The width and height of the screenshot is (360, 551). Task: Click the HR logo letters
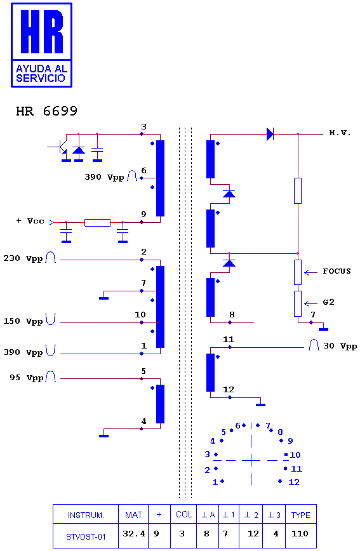coord(42,32)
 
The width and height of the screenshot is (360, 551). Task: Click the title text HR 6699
coord(46,111)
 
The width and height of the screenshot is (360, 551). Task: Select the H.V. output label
coord(340,133)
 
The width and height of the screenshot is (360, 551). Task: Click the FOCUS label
coord(337,271)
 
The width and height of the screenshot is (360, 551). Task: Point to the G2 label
coord(328,302)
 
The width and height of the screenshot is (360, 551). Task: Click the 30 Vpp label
coord(340,346)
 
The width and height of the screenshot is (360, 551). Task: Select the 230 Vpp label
coord(23,258)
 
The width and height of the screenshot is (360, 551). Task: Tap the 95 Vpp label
coord(27,378)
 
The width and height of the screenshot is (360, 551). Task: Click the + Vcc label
coord(30,221)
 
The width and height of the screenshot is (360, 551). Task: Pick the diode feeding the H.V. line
coord(270,134)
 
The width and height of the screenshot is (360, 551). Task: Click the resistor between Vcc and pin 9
coord(97,222)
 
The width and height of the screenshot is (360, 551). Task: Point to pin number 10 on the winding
coord(140,314)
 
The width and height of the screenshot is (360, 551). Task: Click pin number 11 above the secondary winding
coord(229,340)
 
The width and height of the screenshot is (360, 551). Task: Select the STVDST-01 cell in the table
coord(86,536)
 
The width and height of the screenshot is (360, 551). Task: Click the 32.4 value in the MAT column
coord(133,534)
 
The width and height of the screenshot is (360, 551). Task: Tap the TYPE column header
coord(300,515)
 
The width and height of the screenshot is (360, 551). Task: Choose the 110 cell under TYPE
coord(300,534)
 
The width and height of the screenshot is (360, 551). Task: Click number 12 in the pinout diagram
coord(294,482)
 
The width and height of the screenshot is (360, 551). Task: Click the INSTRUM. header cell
coord(86,515)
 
